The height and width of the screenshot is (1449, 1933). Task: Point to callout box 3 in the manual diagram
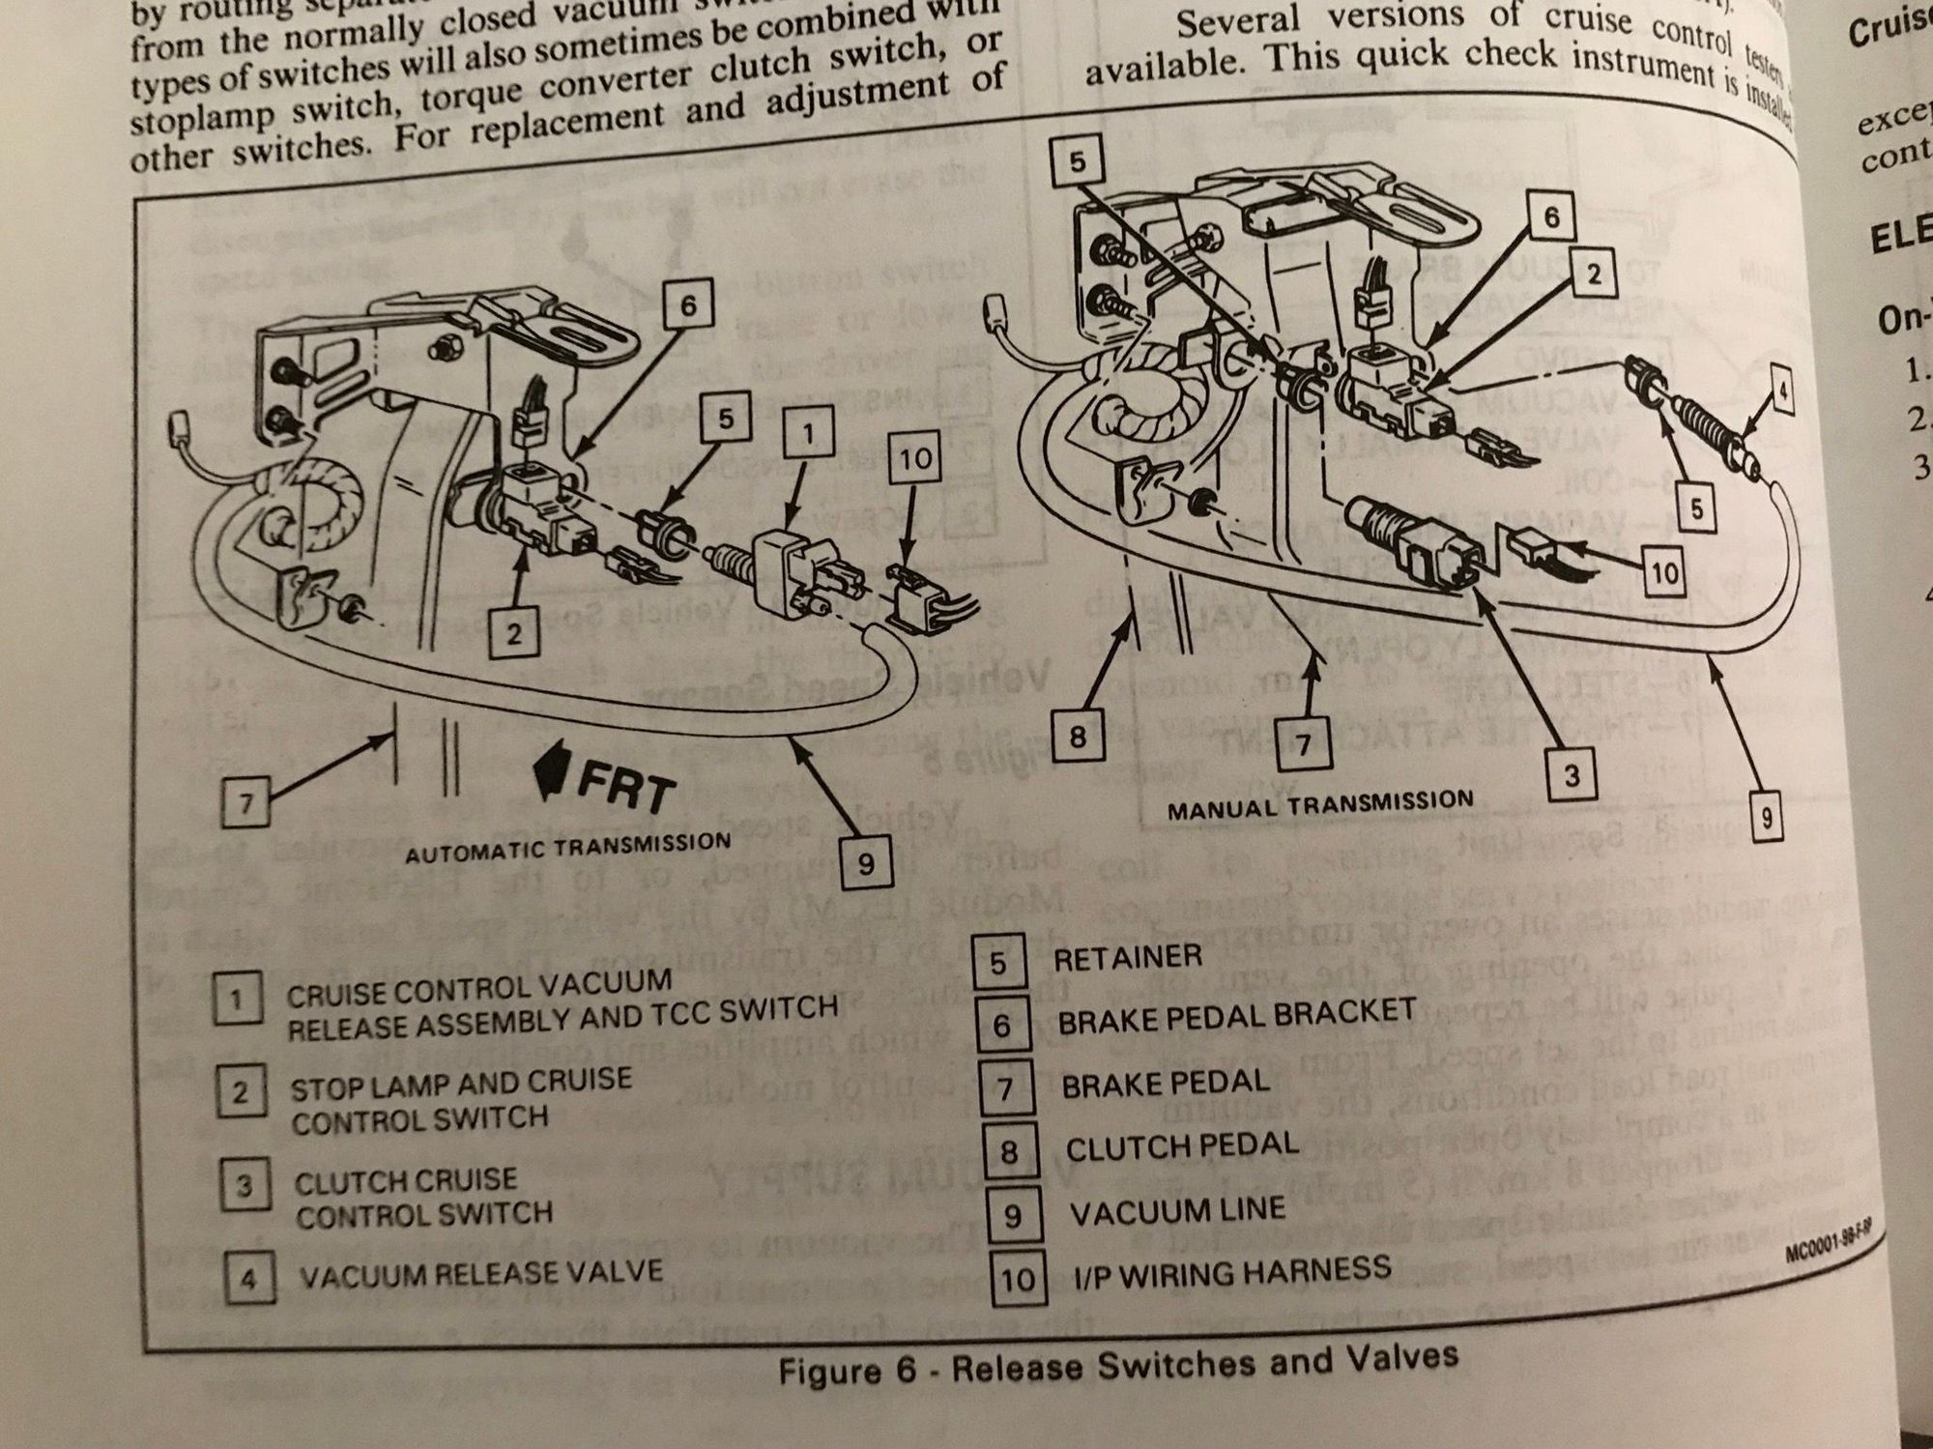pos(1571,775)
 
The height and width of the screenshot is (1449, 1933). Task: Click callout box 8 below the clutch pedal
pos(1078,738)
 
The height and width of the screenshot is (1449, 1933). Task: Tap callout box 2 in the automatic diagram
pos(514,634)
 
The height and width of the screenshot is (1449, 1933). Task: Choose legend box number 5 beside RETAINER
pos(997,963)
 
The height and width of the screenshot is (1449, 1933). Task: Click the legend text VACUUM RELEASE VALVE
pos(480,1274)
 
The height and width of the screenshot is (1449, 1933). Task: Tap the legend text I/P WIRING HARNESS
pos(1232,1272)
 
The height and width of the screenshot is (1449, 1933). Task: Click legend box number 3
pos(245,1185)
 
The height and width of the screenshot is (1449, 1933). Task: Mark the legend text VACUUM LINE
pos(1176,1211)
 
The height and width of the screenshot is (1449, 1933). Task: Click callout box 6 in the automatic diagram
pos(687,306)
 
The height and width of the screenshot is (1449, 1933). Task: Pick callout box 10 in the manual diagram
pos(1664,574)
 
